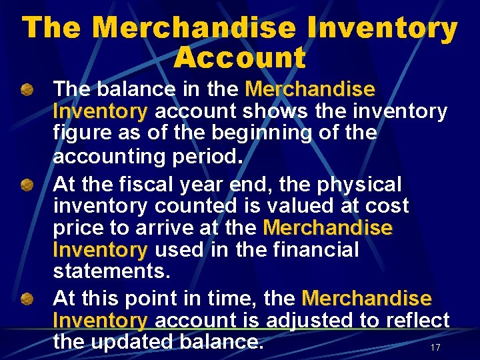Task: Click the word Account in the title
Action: point(239,58)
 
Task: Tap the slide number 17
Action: point(435,348)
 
